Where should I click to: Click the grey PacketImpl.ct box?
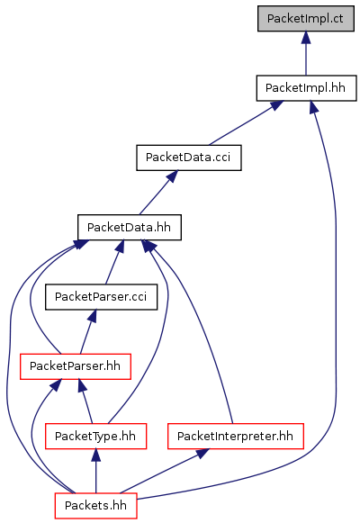tap(306, 19)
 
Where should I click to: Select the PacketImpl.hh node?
tap(306, 88)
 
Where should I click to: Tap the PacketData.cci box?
tap(189, 158)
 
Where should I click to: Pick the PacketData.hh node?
tap(130, 227)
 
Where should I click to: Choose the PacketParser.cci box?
tap(101, 297)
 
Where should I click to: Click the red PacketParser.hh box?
tap(76, 366)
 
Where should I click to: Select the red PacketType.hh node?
tap(95, 436)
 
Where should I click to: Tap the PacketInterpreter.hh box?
tap(236, 436)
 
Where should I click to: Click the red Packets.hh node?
tap(95, 506)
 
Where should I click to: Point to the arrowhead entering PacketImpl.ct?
tap(306, 38)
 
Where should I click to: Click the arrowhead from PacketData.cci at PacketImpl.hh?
tap(276, 105)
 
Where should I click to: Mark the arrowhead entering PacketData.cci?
tap(172, 176)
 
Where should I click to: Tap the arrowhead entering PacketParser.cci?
tap(93, 316)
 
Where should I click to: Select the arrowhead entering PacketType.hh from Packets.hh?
tap(95, 455)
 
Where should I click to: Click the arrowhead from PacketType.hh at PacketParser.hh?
tap(82, 385)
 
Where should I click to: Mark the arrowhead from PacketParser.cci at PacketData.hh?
tap(120, 246)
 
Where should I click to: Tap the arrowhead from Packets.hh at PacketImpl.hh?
tap(312, 107)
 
